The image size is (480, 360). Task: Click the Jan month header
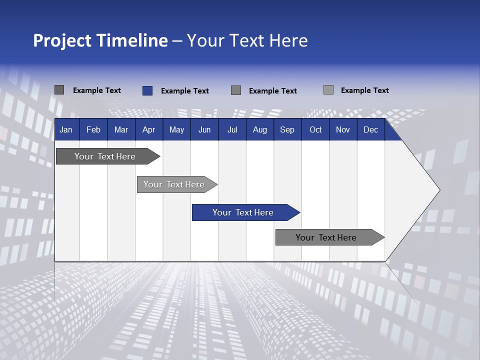click(x=66, y=129)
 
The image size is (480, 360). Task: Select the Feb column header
click(x=93, y=129)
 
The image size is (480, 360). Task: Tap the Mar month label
click(x=121, y=129)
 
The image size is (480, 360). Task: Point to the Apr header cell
click(x=149, y=129)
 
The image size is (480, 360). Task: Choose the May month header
click(x=176, y=129)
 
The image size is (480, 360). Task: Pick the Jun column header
click(x=204, y=129)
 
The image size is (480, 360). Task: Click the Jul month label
click(x=232, y=129)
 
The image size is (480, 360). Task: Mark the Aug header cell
click(x=260, y=129)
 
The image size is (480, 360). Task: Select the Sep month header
click(x=287, y=129)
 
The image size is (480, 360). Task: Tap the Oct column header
click(x=315, y=129)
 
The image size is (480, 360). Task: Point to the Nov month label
click(x=343, y=129)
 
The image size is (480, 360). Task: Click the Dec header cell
click(x=371, y=129)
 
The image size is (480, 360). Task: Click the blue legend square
click(x=147, y=90)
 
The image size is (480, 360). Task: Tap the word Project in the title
click(x=61, y=40)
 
